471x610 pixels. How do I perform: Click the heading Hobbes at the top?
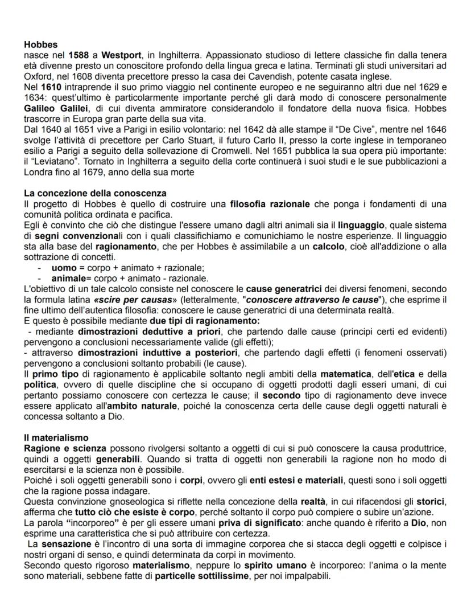40,43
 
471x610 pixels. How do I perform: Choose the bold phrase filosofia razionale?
270,203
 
